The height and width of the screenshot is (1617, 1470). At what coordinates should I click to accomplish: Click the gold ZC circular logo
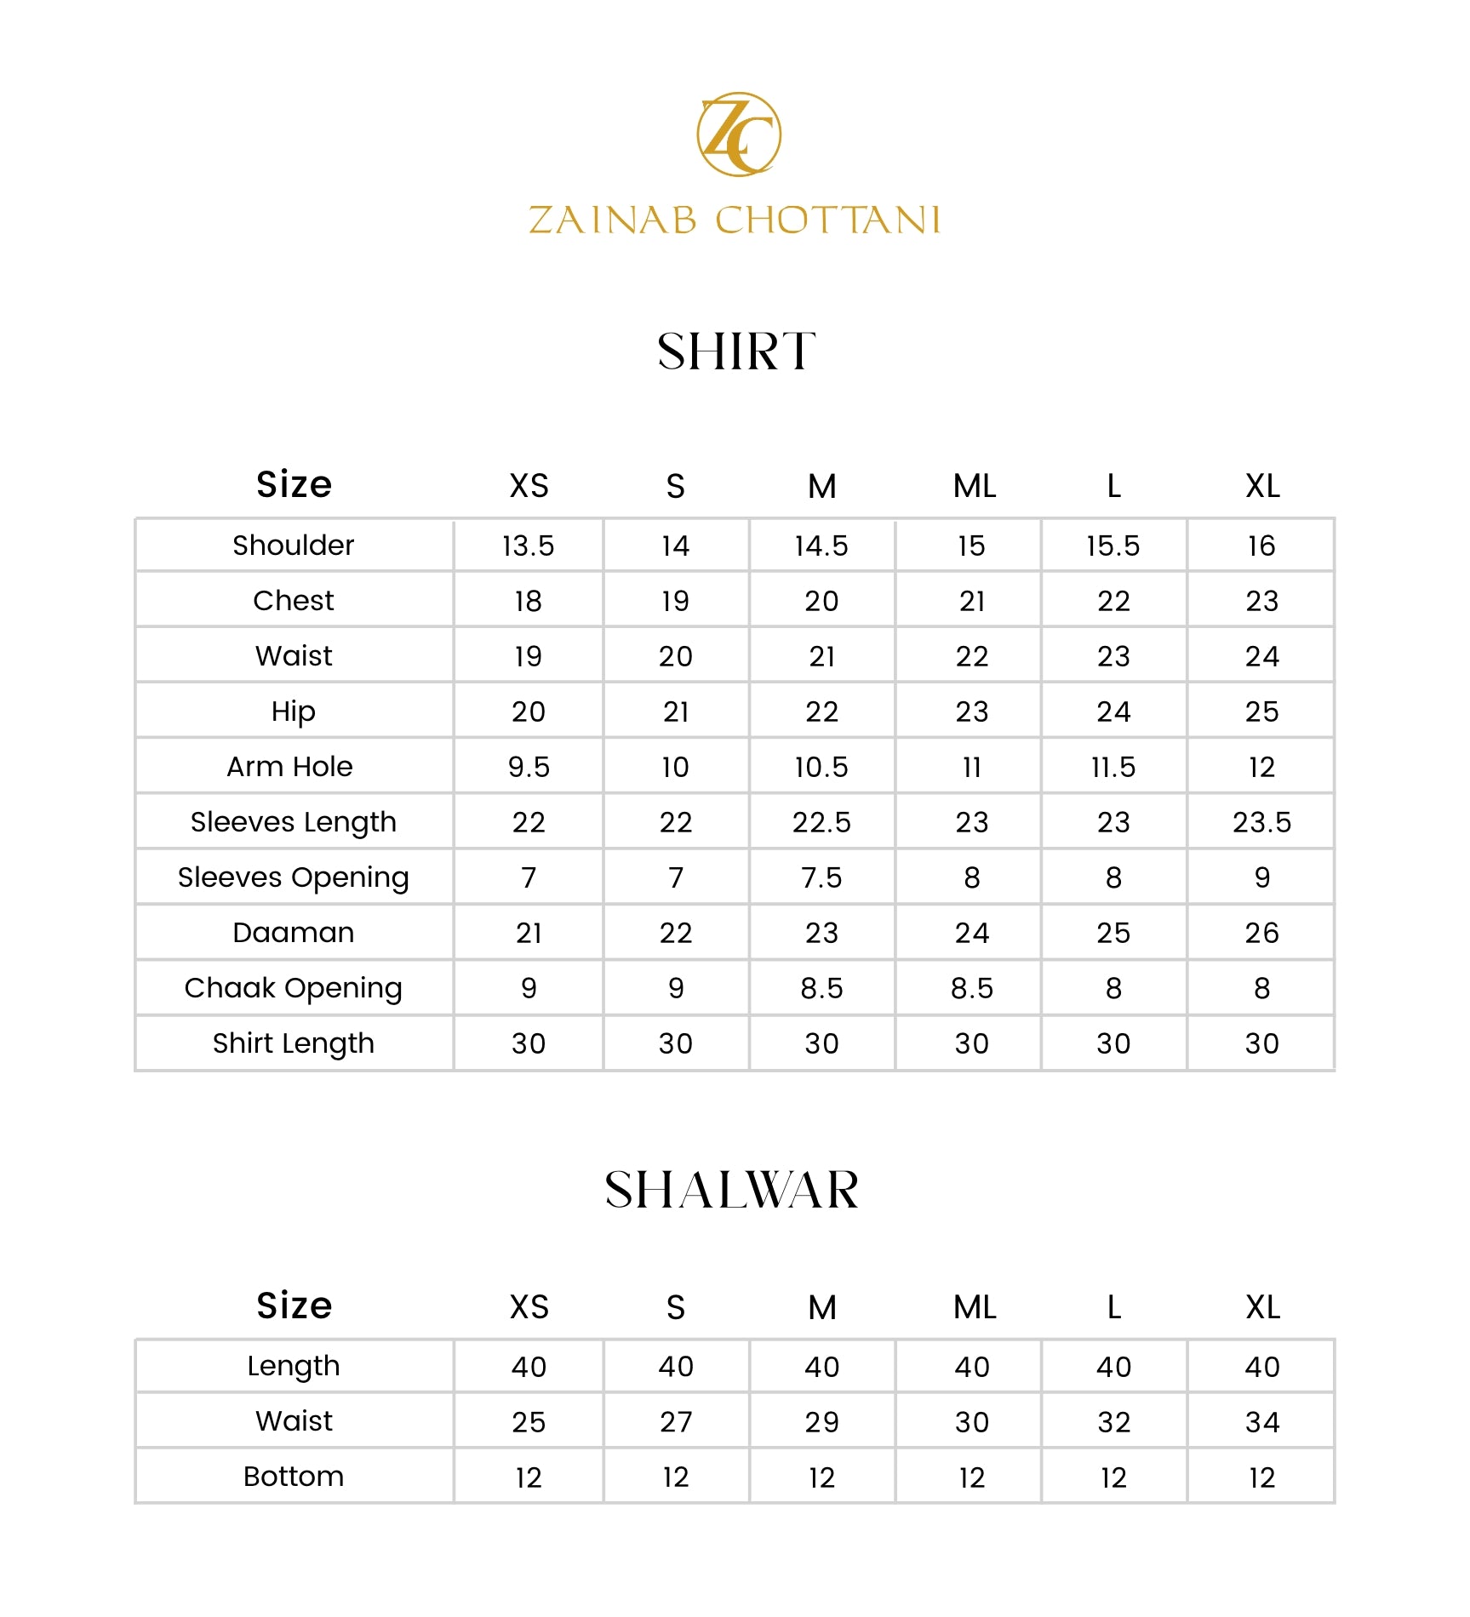(x=738, y=134)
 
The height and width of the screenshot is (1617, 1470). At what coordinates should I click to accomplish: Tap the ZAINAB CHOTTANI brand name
(x=734, y=220)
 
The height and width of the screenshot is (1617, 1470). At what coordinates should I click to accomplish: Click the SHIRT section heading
(x=736, y=351)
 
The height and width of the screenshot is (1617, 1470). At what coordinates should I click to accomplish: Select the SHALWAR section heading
(x=732, y=1190)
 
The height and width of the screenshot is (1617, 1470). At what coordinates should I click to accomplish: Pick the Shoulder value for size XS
(x=528, y=546)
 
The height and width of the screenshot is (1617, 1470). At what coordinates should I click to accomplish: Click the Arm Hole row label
(x=289, y=767)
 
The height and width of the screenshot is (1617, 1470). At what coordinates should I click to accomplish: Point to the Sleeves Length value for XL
(x=1261, y=822)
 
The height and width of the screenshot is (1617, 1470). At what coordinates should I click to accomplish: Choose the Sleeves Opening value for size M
(x=821, y=877)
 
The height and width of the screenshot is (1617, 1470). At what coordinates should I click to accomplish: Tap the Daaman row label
(x=293, y=933)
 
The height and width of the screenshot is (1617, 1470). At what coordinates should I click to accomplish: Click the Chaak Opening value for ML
(x=971, y=988)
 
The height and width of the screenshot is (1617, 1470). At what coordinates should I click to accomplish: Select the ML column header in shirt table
(x=974, y=486)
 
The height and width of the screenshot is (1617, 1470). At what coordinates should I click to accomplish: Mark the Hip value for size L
(x=1113, y=711)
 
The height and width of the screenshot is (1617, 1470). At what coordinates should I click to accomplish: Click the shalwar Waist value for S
(x=676, y=1422)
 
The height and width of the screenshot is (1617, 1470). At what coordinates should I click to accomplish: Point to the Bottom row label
(x=294, y=1477)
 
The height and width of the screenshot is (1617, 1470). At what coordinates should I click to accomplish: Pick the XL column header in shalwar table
(x=1262, y=1307)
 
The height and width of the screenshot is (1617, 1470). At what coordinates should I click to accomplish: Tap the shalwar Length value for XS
(x=529, y=1367)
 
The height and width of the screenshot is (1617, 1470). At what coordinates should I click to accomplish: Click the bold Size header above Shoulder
(x=294, y=484)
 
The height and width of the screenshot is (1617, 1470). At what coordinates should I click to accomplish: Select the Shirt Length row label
(x=293, y=1043)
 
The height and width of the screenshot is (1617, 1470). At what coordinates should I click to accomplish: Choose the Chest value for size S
(x=676, y=601)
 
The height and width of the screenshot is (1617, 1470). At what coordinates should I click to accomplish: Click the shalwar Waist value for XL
(x=1261, y=1422)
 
